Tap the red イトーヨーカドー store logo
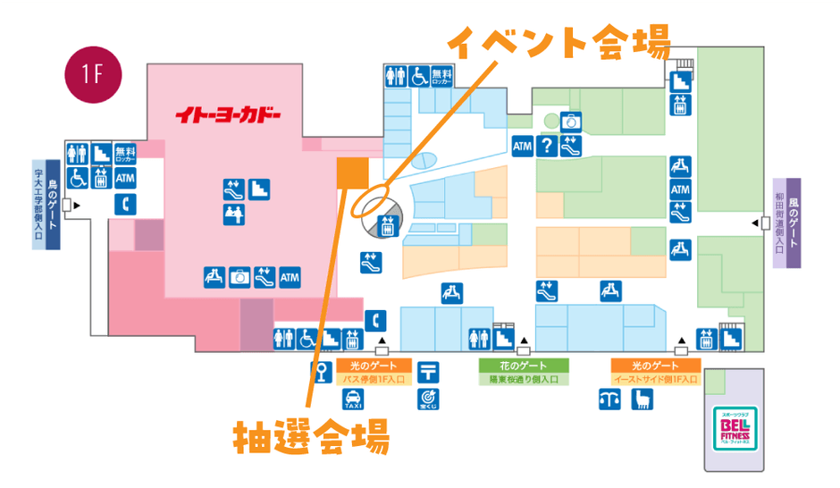pos(228,116)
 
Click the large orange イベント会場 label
pos(558,42)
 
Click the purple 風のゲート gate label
pos(794,223)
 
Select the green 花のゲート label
pos(523,366)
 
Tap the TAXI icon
pos(353,398)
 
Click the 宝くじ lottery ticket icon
pos(428,398)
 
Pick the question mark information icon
pos(546,146)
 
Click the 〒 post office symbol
pos(428,370)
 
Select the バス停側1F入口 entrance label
pos(374,379)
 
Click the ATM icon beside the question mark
pos(523,146)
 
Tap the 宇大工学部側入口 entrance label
pos(38,204)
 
